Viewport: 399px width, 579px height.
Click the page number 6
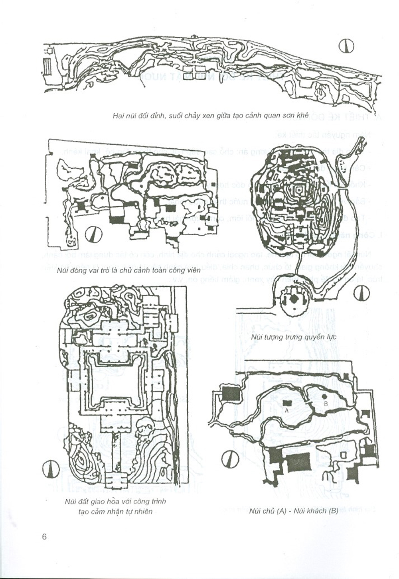[44, 536]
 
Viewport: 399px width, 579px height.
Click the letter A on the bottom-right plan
[286, 410]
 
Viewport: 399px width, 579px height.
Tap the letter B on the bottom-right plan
[326, 404]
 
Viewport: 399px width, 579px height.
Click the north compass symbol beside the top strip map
[346, 47]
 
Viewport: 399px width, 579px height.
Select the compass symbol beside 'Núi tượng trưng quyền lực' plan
[362, 294]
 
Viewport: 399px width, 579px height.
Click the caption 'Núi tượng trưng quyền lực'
[294, 337]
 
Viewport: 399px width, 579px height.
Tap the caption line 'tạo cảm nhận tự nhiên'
[115, 511]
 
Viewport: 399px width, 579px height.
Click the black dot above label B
[325, 396]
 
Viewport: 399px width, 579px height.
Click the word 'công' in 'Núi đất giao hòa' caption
[135, 502]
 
